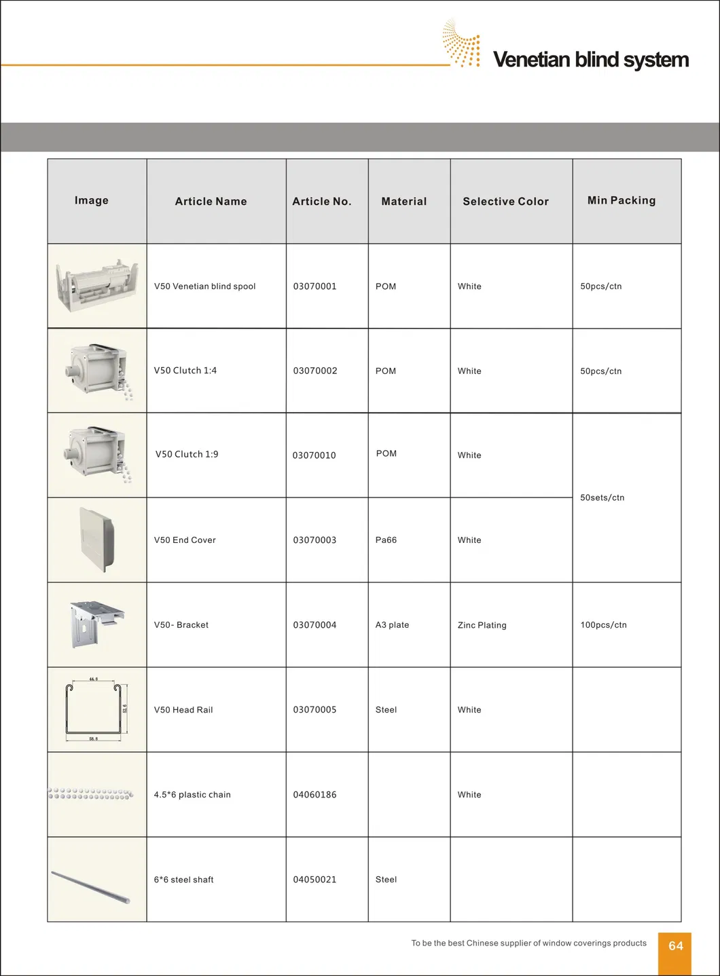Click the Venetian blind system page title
click(590, 60)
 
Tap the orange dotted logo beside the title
click(463, 43)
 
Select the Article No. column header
click(322, 202)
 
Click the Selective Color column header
click(505, 202)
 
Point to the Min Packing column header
click(622, 200)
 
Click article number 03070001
click(314, 286)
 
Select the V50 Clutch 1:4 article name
click(185, 371)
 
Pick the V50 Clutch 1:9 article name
click(187, 454)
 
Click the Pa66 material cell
click(386, 540)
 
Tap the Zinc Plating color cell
click(482, 625)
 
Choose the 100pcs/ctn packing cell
click(603, 625)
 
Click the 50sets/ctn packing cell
click(602, 498)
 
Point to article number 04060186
click(314, 795)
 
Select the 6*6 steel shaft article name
click(183, 880)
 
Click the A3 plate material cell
click(392, 625)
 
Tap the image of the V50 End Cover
click(96, 540)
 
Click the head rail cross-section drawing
click(96, 709)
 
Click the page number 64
click(675, 946)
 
